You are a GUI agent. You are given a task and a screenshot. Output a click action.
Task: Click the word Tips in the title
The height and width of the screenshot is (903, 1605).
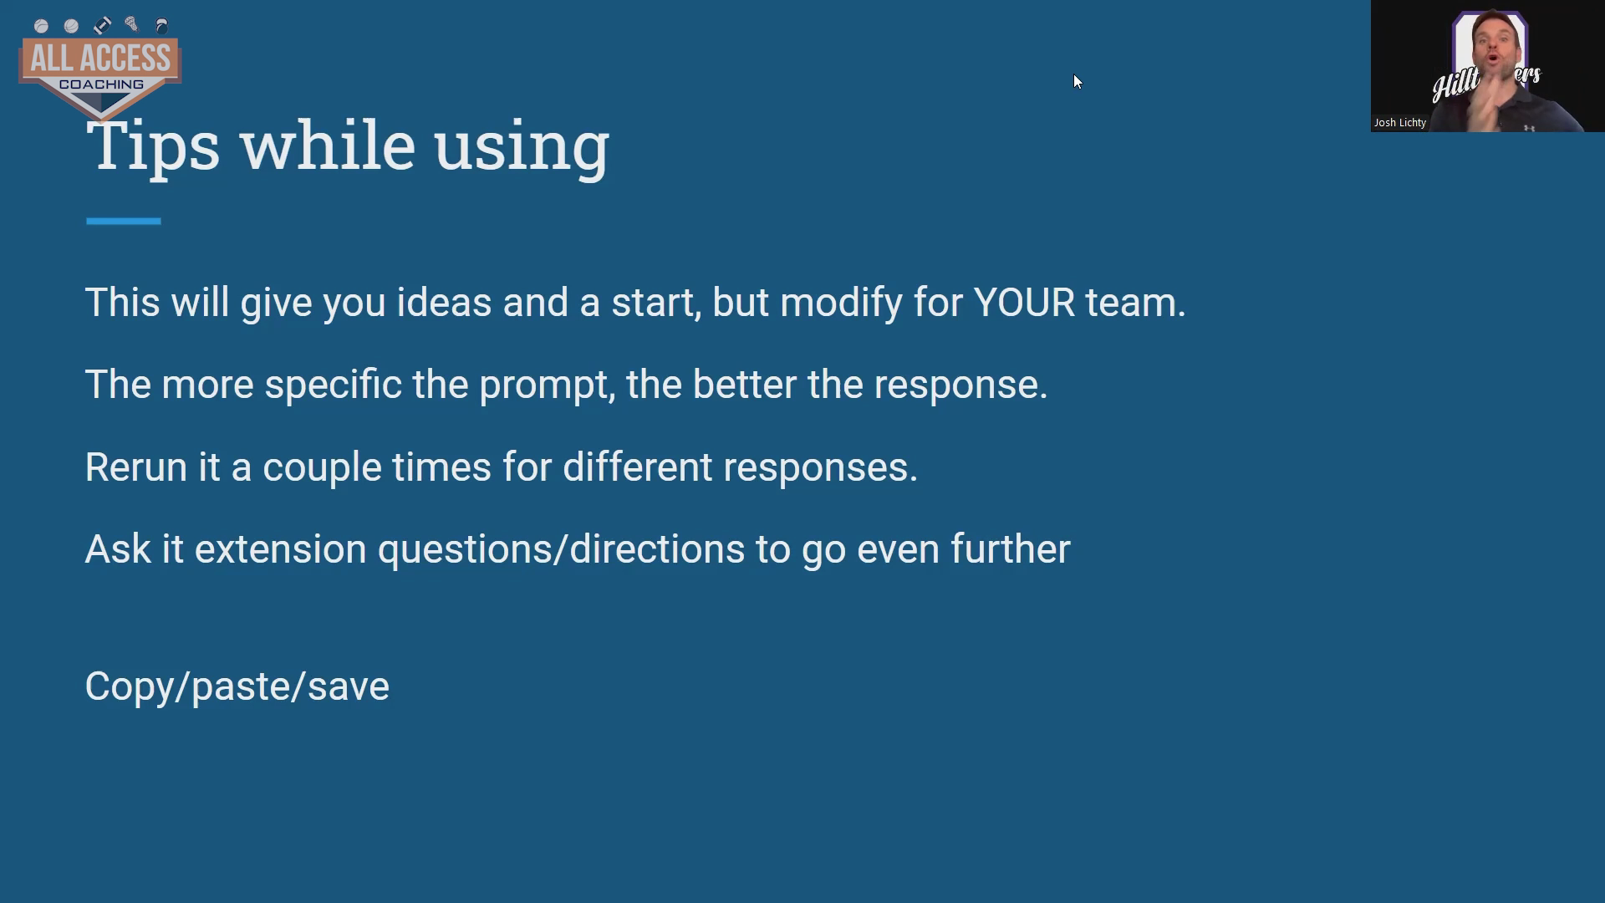[153, 145]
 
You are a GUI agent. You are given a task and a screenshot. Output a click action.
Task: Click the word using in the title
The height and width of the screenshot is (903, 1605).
[522, 147]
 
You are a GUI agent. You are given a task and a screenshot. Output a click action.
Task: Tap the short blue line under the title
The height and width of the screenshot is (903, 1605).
[123, 221]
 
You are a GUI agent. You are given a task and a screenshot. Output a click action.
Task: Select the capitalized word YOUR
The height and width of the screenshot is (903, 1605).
[1024, 302]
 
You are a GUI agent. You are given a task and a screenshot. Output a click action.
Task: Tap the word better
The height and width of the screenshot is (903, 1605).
[744, 385]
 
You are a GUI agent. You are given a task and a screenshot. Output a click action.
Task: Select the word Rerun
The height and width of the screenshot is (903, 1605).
[136, 467]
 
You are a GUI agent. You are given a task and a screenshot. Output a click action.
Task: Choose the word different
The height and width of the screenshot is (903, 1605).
[637, 467]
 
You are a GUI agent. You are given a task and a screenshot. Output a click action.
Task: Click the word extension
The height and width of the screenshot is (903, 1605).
[281, 550]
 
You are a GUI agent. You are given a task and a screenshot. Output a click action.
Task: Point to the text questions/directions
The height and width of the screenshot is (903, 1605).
[561, 550]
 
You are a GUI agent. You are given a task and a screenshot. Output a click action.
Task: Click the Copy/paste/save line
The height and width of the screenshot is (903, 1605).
[237, 687]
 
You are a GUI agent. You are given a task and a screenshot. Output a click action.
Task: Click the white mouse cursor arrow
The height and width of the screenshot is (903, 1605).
[1078, 82]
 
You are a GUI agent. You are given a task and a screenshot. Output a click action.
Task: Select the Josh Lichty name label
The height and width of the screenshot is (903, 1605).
[1400, 123]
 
